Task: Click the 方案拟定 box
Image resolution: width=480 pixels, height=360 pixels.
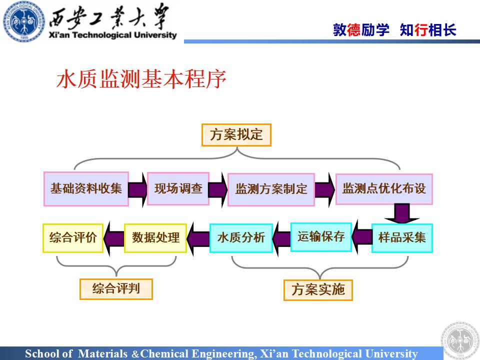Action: point(236,135)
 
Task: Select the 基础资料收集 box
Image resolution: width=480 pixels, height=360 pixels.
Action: point(86,189)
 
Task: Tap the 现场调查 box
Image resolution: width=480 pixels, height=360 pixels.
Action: point(178,189)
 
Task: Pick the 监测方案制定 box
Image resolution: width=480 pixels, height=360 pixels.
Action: point(271,189)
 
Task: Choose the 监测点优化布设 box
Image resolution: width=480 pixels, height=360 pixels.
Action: point(383,189)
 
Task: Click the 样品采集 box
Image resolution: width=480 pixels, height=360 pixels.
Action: point(402,237)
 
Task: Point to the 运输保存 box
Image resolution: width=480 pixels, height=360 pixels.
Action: point(321,236)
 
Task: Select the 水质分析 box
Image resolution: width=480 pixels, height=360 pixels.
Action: point(240,238)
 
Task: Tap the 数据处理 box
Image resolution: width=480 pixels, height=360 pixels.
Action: point(155,237)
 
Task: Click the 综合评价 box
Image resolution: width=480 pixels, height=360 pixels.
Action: point(72,237)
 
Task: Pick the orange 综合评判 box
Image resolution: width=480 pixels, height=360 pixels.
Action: point(116,288)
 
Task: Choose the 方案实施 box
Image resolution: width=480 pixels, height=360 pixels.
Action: point(318,290)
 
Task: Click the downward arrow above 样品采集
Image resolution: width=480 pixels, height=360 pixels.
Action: point(401,213)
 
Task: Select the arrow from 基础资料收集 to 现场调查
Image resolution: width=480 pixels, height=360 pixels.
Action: point(138,189)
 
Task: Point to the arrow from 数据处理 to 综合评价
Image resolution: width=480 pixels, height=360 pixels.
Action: point(114,237)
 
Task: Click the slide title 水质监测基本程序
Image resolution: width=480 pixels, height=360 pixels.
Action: point(141,80)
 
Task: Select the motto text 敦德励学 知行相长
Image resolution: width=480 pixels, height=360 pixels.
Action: point(394,30)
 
